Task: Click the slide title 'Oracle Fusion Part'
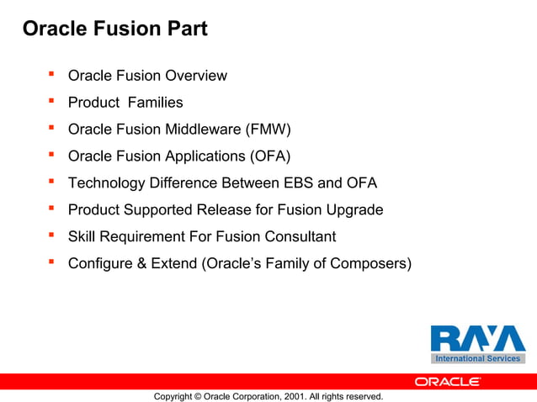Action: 114,29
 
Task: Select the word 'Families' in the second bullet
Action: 155,103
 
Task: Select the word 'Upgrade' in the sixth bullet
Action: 354,209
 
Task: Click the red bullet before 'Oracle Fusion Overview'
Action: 51,75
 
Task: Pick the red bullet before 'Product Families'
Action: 51,102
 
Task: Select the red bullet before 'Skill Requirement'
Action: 51,235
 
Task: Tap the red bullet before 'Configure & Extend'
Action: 51,262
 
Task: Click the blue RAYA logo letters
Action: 477,338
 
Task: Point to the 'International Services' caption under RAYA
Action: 477,359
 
